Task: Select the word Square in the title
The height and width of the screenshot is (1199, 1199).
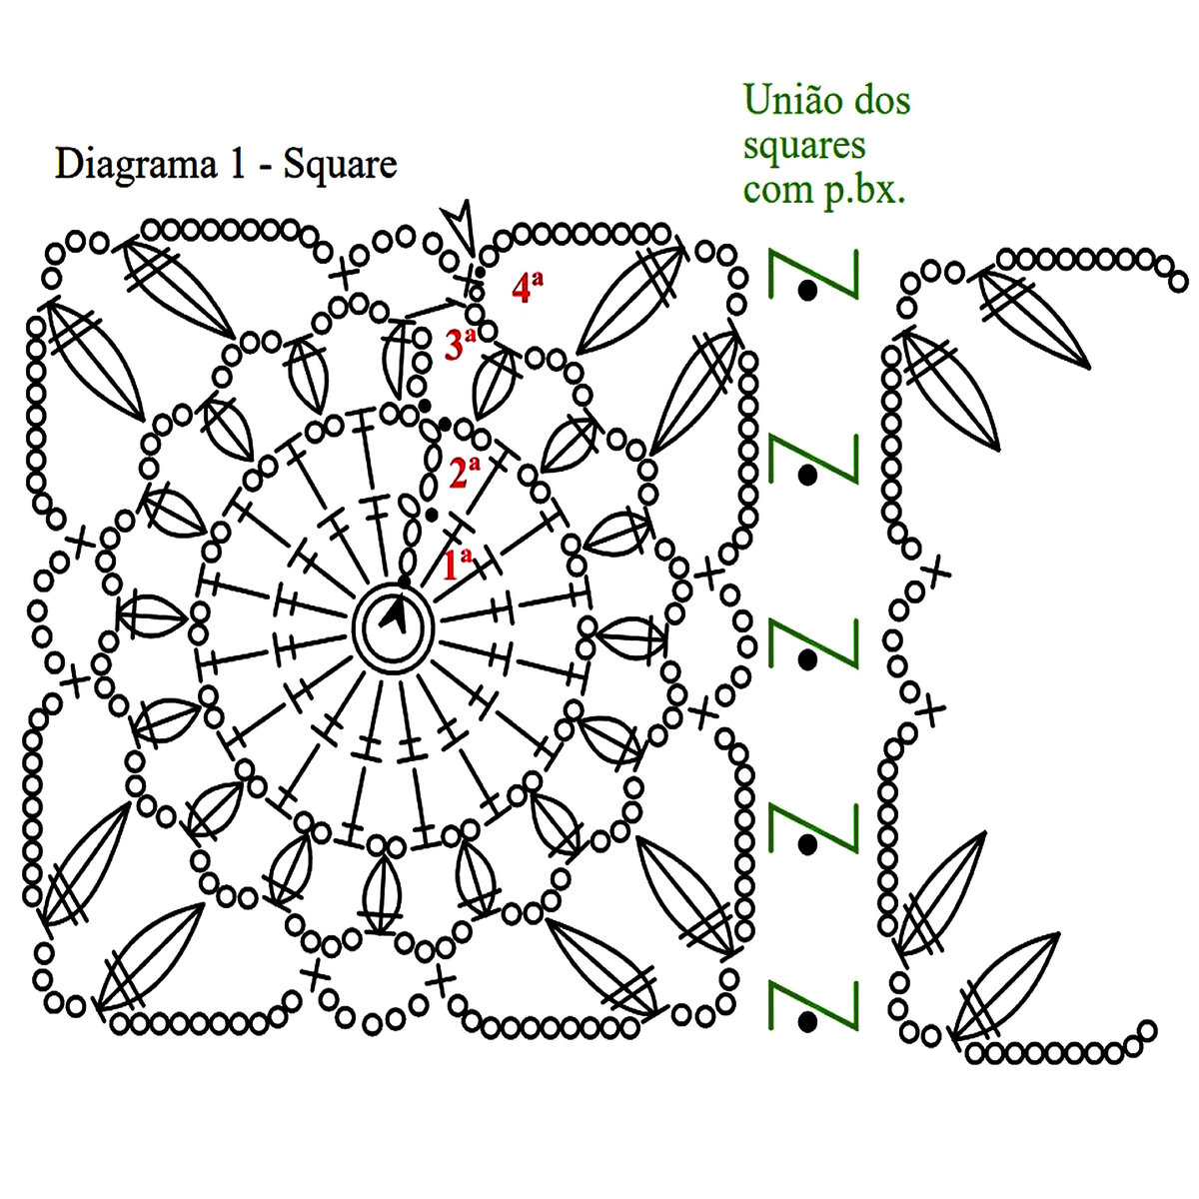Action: (x=340, y=164)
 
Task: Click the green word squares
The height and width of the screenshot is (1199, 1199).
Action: (x=803, y=146)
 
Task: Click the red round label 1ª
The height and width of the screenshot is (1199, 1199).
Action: (x=457, y=565)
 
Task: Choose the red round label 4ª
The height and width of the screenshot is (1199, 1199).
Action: (x=527, y=288)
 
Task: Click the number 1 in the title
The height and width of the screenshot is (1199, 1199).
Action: (x=237, y=164)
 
